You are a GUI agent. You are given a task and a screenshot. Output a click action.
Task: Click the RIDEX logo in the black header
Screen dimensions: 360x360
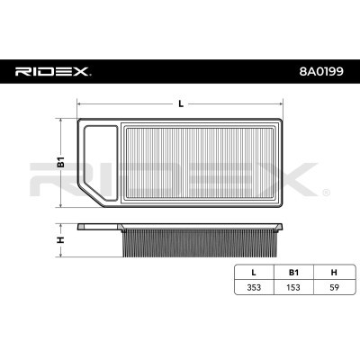pos(53,71)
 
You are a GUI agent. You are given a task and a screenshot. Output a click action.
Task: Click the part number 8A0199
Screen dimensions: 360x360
pos(321,71)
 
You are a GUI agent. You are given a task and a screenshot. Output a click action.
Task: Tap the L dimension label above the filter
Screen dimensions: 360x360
pos(181,103)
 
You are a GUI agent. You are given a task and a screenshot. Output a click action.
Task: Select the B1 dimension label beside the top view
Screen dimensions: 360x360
pos(61,162)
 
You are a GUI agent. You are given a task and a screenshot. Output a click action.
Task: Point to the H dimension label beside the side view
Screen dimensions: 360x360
pos(61,239)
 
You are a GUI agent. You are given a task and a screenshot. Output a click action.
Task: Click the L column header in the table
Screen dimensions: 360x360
pos(254,273)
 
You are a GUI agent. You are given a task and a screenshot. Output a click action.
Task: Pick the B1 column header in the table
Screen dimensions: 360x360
pos(293,273)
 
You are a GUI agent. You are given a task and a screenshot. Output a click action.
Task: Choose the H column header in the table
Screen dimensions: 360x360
pos(334,273)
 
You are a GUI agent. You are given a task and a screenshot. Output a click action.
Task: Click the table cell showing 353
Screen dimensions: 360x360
pos(254,287)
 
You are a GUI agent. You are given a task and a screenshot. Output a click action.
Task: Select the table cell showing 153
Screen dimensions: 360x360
pos(293,287)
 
